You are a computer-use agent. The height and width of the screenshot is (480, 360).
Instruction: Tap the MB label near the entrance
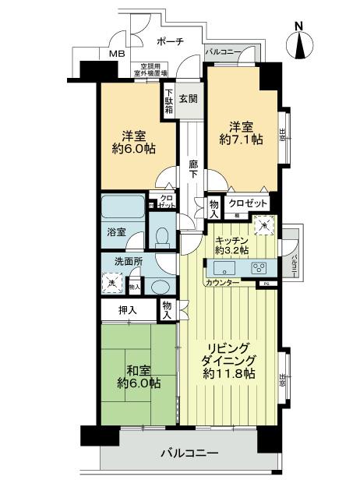116,54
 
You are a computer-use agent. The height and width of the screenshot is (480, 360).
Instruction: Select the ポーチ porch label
169,41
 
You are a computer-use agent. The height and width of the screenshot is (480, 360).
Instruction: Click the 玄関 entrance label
188,99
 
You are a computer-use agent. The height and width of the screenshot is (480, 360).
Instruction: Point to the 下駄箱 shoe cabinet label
169,101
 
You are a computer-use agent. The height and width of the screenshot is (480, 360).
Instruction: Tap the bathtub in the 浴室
123,210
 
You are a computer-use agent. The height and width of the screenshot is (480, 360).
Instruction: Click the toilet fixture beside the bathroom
161,236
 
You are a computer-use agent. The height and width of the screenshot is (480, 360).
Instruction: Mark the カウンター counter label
223,282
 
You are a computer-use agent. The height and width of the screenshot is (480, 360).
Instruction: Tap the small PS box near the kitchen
265,283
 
